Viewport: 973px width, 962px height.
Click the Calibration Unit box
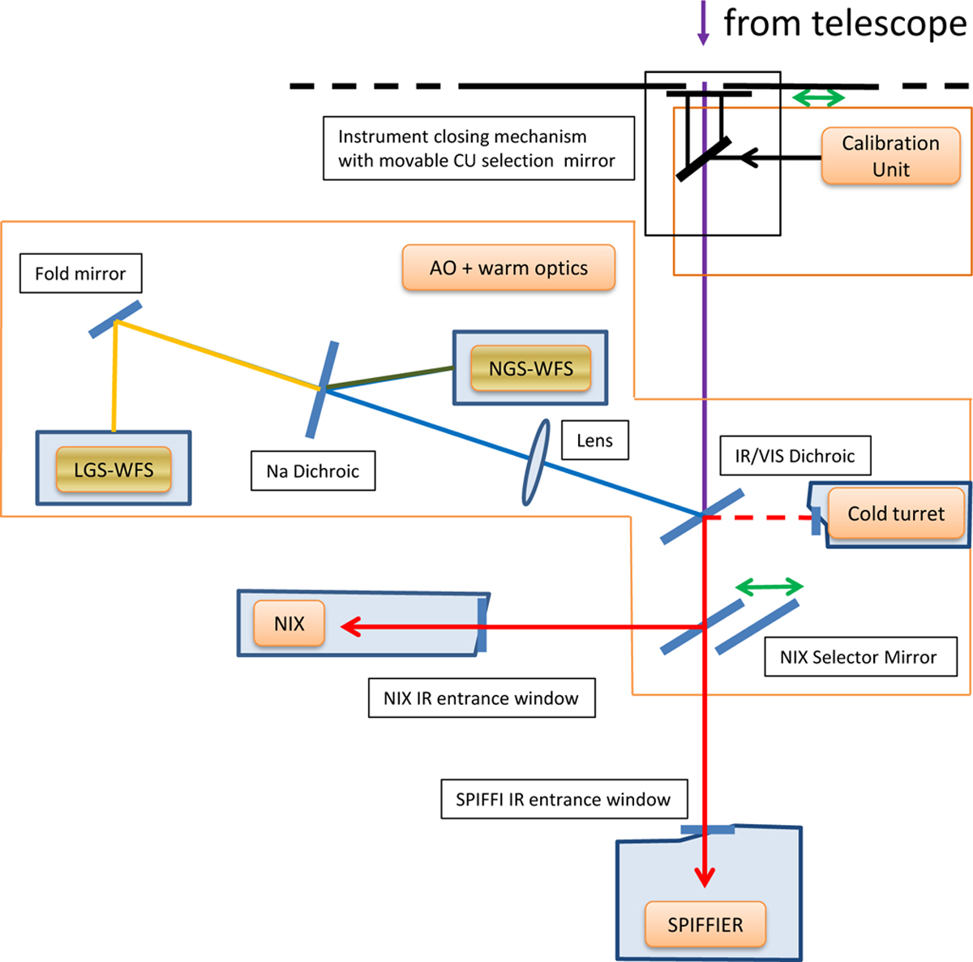pos(890,156)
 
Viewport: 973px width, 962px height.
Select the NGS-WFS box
pos(530,369)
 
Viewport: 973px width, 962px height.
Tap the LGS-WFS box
pos(114,470)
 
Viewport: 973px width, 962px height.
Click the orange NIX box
pos(289,624)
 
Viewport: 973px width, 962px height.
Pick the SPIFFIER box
pos(705,925)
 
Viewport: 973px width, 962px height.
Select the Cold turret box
pos(895,513)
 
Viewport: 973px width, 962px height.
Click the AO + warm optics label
pos(508,268)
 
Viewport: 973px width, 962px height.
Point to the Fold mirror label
pos(80,273)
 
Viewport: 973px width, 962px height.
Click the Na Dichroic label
pos(313,471)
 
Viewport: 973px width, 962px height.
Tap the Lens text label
pos(594,440)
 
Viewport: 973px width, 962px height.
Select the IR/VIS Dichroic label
pos(795,456)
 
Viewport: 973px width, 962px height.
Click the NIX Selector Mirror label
pos(858,657)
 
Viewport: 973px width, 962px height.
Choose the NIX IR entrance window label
pos(481,698)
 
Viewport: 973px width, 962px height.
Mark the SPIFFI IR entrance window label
pos(563,800)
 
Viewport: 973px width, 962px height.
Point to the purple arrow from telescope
pos(703,23)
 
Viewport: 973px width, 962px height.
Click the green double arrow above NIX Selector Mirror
pos(769,586)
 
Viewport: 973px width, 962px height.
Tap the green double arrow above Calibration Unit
pos(817,98)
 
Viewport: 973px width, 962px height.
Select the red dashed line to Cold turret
pos(758,517)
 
